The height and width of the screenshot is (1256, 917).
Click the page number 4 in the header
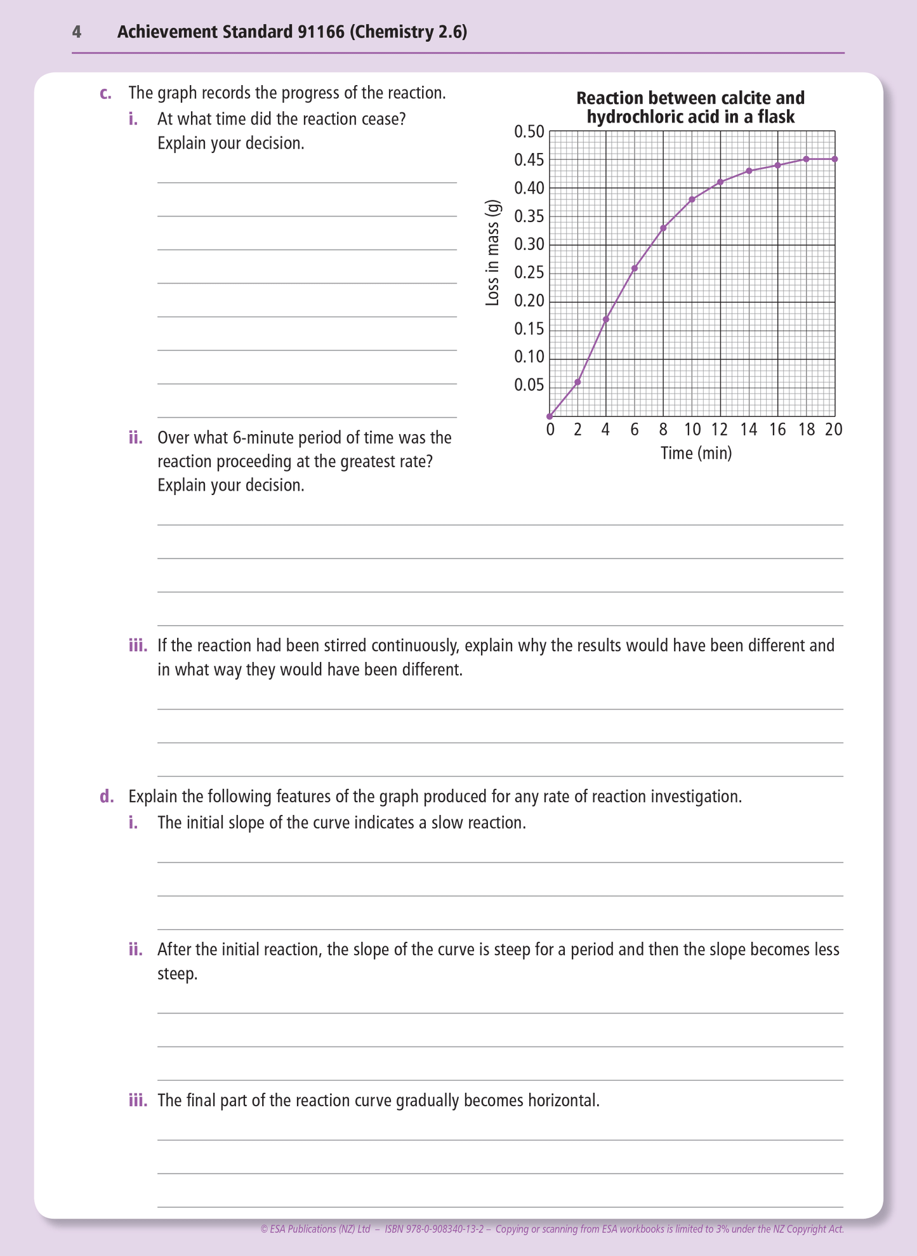[77, 32]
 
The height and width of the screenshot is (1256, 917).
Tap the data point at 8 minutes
[663, 228]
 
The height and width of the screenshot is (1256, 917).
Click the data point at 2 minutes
[577, 382]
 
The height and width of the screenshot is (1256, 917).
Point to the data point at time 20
[835, 159]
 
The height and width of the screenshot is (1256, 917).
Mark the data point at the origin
[550, 416]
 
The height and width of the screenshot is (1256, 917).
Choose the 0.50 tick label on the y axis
[529, 132]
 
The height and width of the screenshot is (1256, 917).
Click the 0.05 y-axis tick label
[529, 385]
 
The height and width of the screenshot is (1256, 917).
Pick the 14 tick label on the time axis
[749, 430]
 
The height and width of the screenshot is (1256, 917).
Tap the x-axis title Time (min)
[696, 453]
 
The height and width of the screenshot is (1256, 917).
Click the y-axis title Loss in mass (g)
[492, 253]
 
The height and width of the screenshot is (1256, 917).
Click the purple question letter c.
[105, 93]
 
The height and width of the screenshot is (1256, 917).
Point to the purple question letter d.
[106, 797]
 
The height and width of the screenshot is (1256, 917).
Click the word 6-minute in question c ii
[261, 438]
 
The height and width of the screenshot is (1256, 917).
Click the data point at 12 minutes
[720, 182]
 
